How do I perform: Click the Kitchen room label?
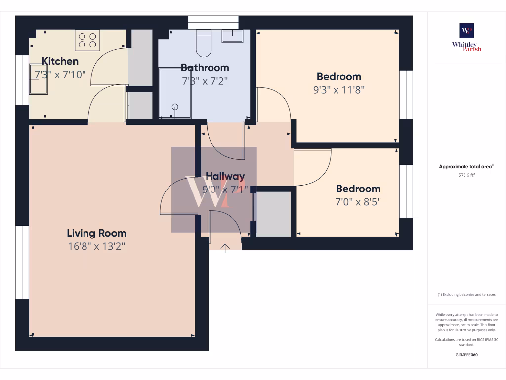(60, 61)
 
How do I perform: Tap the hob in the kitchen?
(87, 40)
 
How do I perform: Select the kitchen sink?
(39, 79)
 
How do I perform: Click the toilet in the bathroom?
(203, 43)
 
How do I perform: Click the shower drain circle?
(174, 106)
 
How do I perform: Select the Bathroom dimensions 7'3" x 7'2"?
(205, 80)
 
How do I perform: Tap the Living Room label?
(96, 233)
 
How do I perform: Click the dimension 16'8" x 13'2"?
(96, 246)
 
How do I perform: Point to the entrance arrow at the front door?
(225, 247)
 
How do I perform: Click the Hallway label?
(225, 176)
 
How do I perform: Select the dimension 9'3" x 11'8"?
(338, 90)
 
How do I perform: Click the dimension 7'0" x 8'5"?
(358, 202)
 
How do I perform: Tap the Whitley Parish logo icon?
(466, 30)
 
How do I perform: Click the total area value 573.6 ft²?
(466, 175)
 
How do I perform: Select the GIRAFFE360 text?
(466, 355)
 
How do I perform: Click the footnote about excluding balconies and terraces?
(466, 294)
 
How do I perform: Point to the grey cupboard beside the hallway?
(273, 214)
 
